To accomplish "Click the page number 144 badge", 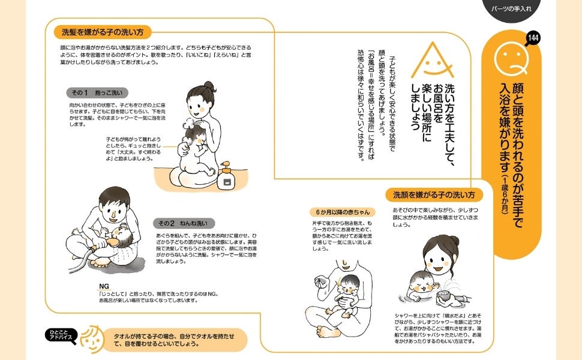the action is click(533, 38).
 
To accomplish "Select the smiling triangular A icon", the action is click(433, 61).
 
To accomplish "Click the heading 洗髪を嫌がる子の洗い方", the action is click(103, 32).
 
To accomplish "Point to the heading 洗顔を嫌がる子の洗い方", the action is click(434, 195).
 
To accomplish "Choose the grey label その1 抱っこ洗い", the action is click(97, 93).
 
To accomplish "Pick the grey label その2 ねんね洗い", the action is click(184, 223).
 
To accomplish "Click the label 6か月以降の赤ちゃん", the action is click(343, 212).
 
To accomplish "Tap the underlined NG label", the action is click(104, 286).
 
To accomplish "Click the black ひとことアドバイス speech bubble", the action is click(62, 335).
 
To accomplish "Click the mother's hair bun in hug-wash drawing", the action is click(209, 86).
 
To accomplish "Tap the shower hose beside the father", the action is click(80, 260).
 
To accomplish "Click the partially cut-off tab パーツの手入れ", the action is click(511, 9).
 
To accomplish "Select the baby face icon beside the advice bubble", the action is click(91, 339).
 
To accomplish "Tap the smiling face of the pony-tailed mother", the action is click(438, 259).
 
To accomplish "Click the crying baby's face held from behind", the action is click(349, 286).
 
